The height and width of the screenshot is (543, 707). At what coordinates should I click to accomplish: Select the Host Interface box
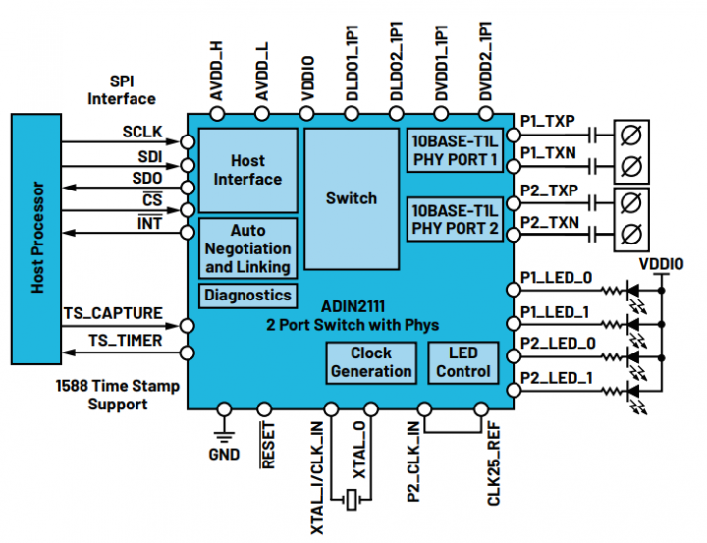pos(247,170)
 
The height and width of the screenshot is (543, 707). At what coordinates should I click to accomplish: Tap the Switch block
pos(351,198)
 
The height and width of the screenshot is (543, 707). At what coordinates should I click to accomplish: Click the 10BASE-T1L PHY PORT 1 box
pos(456,149)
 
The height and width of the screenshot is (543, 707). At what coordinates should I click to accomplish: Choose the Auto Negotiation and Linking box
pos(247,249)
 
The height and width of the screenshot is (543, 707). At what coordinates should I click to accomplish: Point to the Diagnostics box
pos(247,295)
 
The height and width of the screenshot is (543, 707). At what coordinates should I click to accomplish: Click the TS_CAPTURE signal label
pos(113,313)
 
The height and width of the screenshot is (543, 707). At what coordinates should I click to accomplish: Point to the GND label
pos(224,456)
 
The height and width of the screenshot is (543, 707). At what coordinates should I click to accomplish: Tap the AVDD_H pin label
pos(218,72)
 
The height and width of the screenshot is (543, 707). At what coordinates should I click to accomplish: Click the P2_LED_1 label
pos(555,378)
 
